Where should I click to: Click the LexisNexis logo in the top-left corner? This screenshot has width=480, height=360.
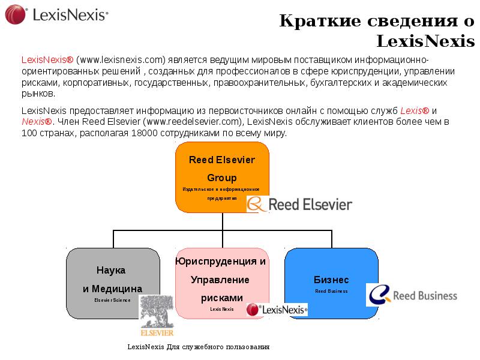click(x=57, y=14)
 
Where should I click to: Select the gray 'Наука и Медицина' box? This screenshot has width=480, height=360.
click(x=113, y=283)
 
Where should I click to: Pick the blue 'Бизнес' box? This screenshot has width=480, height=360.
click(x=331, y=283)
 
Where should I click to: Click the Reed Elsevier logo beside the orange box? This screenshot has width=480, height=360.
click(x=300, y=204)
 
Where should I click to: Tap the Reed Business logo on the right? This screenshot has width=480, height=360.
click(x=412, y=295)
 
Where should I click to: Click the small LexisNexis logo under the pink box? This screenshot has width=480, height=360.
click(x=277, y=309)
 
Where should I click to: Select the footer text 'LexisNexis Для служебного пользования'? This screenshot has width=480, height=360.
click(x=199, y=347)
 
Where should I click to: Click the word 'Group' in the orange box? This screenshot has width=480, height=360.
click(x=221, y=178)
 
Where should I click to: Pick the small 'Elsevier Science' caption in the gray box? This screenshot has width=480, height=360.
click(x=112, y=299)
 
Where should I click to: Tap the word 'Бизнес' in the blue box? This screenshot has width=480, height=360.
click(x=331, y=280)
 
